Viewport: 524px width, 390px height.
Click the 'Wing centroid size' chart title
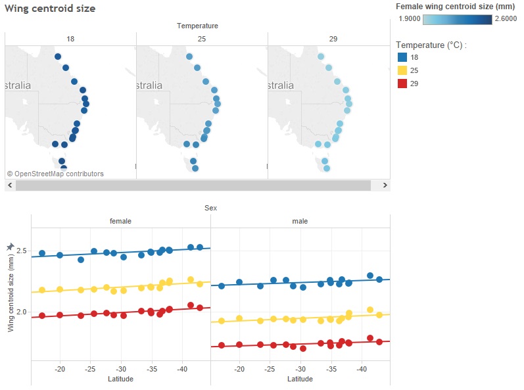coord(50,9)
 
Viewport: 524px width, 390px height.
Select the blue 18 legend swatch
coord(402,57)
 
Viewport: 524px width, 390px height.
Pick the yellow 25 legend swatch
coord(402,70)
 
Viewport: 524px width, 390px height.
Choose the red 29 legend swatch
coord(402,84)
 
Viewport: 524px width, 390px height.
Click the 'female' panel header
coord(120,222)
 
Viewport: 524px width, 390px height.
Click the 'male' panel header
coord(300,222)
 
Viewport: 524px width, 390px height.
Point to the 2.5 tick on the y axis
coord(22,251)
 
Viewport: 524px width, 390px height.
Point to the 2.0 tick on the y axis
coord(22,312)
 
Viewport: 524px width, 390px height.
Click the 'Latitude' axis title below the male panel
coord(300,379)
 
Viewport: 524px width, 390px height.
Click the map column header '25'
coord(202,39)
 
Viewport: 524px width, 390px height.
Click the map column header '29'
coord(333,39)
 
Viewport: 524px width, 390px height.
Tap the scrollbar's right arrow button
coord(385,185)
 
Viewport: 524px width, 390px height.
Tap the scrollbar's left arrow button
coord(10,185)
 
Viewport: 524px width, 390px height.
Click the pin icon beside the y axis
coord(10,246)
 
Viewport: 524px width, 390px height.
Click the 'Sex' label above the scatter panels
coord(210,208)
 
